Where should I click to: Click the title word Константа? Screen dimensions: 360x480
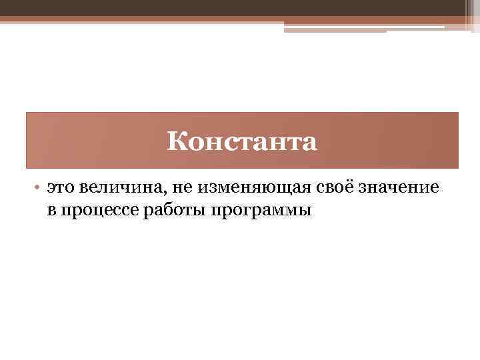pyautogui.click(x=242, y=141)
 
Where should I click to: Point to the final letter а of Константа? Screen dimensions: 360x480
pyautogui.click(x=310, y=143)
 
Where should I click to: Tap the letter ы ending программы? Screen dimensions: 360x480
pyautogui.click(x=305, y=211)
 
